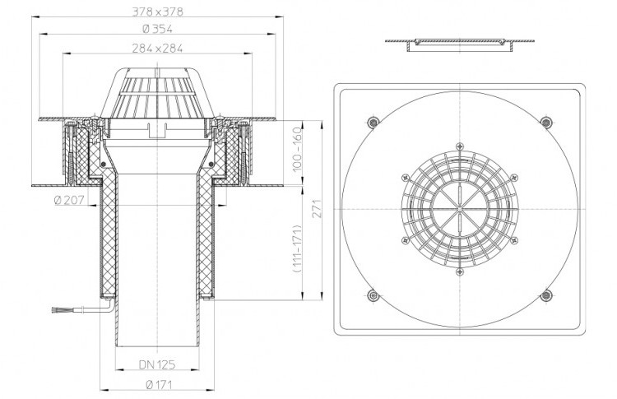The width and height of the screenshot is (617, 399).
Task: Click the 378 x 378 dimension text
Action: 157,12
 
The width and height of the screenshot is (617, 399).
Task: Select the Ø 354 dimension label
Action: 157,29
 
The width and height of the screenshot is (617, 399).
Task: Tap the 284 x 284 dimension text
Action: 157,49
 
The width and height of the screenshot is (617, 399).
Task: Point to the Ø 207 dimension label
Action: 69,200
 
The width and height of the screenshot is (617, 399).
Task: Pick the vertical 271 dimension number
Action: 318,209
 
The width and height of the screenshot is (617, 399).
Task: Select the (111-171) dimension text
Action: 297,249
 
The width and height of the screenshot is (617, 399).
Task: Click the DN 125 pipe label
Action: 157,364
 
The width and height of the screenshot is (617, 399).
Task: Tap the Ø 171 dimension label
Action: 159,385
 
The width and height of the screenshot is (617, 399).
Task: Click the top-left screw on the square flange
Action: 373,122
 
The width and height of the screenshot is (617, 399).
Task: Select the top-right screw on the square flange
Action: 545,122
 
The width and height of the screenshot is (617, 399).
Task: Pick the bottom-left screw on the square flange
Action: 373,295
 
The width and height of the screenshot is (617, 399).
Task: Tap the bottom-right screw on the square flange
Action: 545,295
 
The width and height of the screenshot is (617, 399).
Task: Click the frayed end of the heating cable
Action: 55,310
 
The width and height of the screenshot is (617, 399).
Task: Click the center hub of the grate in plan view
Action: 460,209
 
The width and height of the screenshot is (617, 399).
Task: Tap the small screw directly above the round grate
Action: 459,146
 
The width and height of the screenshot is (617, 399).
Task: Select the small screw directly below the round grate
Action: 459,271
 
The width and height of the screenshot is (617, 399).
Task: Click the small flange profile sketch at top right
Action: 460,44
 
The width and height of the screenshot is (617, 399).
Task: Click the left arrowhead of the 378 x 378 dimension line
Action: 35,17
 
